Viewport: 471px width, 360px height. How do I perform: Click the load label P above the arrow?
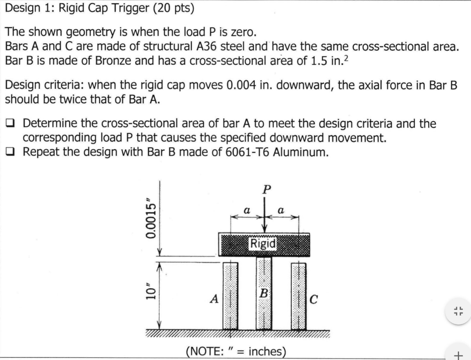[265, 189]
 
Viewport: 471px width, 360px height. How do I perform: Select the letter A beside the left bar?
[214, 299]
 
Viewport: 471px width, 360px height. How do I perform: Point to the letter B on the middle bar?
[264, 292]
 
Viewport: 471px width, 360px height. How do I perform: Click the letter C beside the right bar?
[314, 300]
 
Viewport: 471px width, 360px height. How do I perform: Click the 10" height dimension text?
[150, 294]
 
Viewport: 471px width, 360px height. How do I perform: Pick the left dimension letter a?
[247, 209]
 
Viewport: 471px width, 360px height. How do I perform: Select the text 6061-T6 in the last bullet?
[253, 152]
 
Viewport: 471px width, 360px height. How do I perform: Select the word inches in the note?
[265, 352]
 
